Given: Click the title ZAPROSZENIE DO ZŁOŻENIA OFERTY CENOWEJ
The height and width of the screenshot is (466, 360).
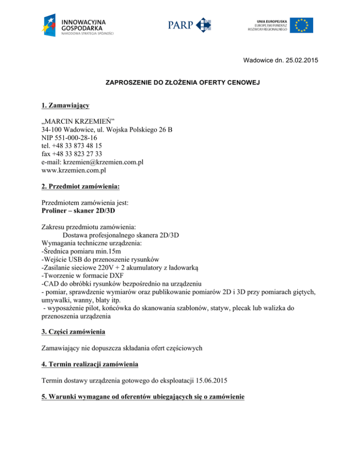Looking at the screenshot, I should [179, 83].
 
